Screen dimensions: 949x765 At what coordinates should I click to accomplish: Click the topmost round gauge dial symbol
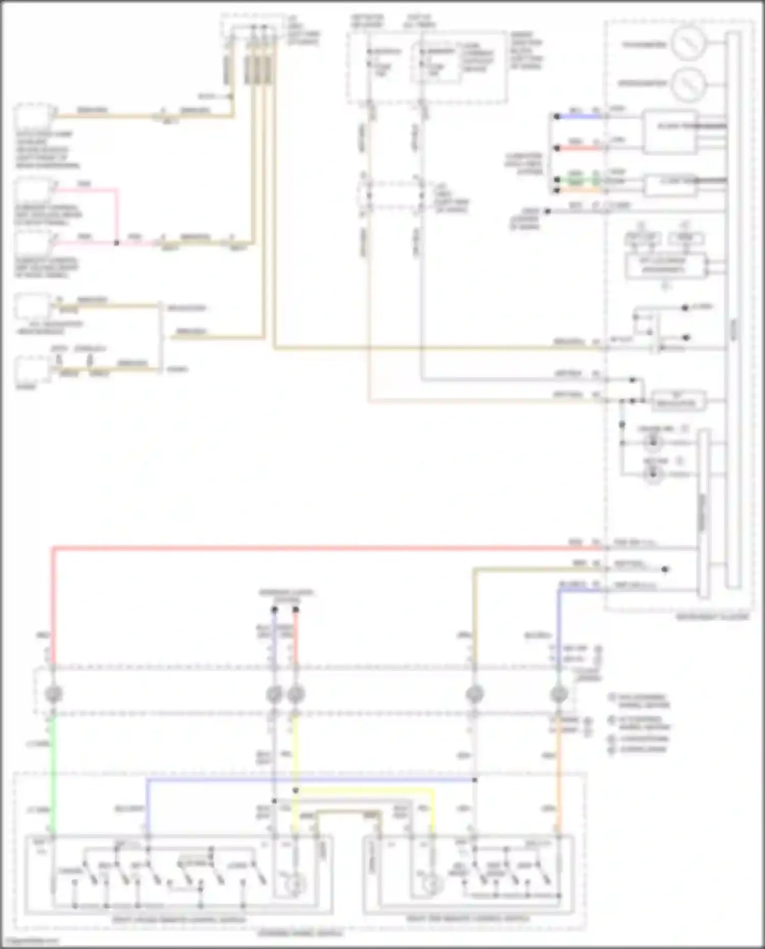pos(688,44)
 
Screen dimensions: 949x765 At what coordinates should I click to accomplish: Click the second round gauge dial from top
pos(688,84)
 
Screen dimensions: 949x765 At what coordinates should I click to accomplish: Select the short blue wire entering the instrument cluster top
pos(579,117)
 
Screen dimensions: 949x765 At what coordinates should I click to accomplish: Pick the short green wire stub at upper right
pos(579,179)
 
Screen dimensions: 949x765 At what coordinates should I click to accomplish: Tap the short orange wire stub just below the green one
pos(579,190)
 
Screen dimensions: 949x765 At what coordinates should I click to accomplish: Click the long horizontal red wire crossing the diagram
pos(326,549)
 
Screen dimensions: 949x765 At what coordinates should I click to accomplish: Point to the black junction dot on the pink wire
pos(117,243)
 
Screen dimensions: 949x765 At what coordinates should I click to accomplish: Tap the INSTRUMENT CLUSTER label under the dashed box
pos(712,617)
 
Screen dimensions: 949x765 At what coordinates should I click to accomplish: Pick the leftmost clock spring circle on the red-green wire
pos(54,694)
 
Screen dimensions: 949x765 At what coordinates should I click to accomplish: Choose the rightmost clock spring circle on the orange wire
pos(559,694)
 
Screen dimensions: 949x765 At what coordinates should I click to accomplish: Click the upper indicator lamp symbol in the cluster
pos(653,442)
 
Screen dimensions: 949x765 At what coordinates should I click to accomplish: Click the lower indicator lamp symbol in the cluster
pos(653,474)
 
